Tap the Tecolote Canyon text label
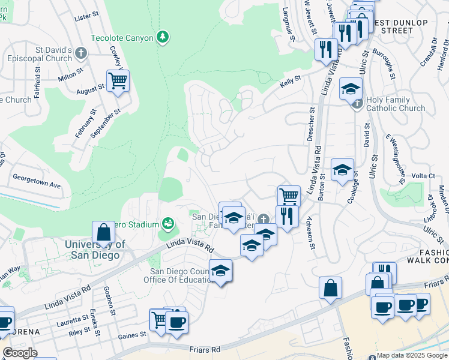pyautogui.click(x=122, y=38)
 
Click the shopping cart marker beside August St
pyautogui.click(x=118, y=81)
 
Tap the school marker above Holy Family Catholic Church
pyautogui.click(x=351, y=90)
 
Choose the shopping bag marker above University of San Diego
pyautogui.click(x=103, y=233)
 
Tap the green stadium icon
pyautogui.click(x=168, y=224)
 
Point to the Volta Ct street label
pyautogui.click(x=423, y=176)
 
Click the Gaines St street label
pyautogui.click(x=133, y=334)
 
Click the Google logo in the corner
pyautogui.click(x=20, y=353)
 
